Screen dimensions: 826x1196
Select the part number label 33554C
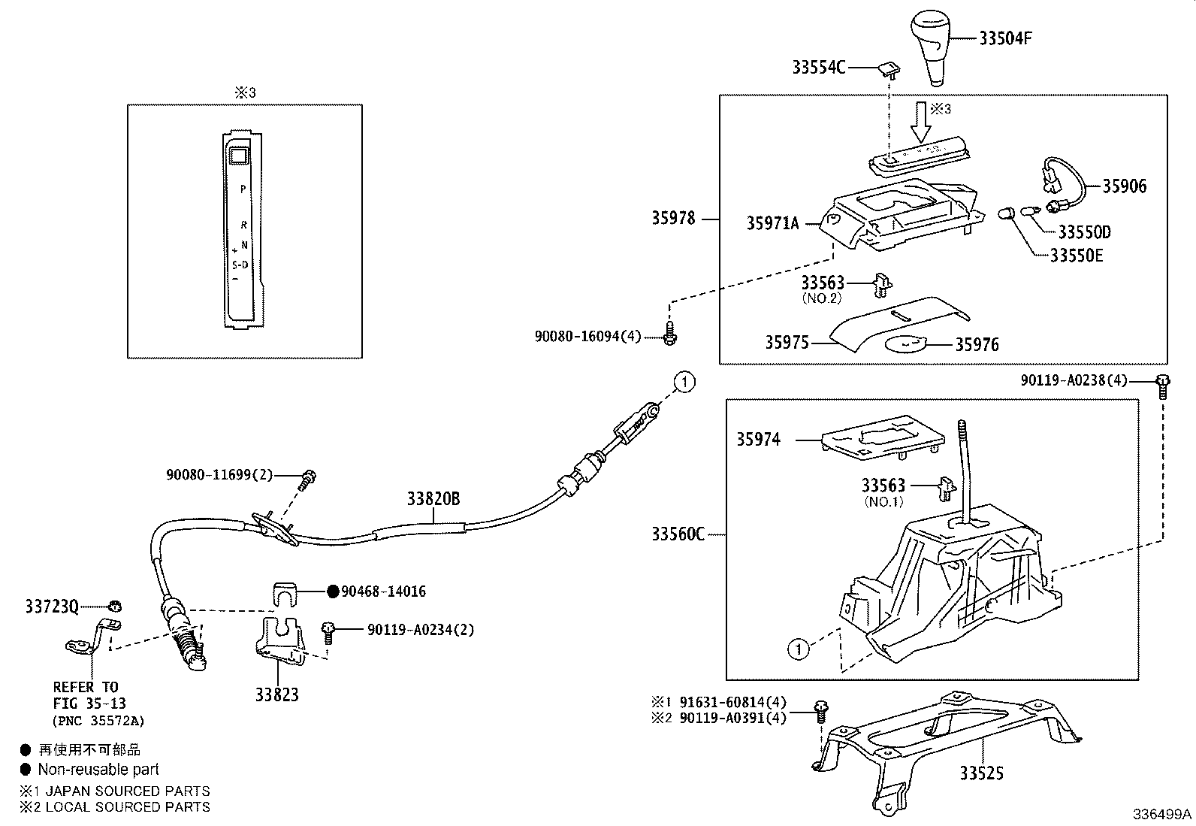[818, 67]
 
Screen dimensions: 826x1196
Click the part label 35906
[1124, 186]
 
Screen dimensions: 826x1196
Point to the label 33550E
[1076, 256]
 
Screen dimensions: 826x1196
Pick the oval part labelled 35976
[908, 344]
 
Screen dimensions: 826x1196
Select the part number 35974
[758, 440]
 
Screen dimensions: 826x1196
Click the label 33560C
[678, 534]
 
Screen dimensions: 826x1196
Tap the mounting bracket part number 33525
[981, 773]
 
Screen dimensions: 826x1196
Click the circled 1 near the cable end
[684, 382]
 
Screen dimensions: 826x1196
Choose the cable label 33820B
[433, 499]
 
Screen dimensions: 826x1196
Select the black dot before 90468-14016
[333, 592]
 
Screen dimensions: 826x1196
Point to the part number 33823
[276, 694]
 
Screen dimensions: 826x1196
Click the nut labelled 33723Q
[115, 607]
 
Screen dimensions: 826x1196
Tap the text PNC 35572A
[98, 721]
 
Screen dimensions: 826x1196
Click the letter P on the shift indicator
[243, 189]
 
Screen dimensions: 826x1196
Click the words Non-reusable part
[98, 769]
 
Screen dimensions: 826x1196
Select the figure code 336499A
[1162, 814]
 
